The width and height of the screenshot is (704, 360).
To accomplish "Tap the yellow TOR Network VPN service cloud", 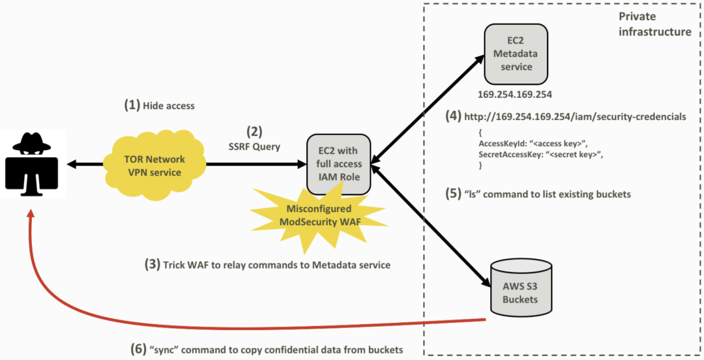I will click(x=155, y=166).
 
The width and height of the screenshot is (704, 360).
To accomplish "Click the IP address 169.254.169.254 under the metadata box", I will click(x=514, y=95).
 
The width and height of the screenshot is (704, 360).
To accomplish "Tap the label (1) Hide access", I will click(x=159, y=105).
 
